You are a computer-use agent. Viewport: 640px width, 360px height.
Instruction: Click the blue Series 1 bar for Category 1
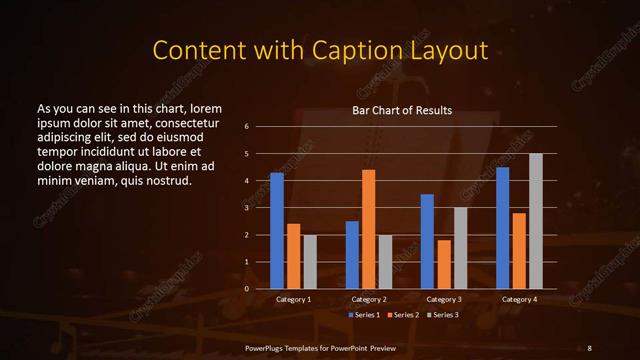click(277, 230)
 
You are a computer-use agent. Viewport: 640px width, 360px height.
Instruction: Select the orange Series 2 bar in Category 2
click(369, 229)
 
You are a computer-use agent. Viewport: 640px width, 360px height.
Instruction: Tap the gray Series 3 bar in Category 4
click(536, 221)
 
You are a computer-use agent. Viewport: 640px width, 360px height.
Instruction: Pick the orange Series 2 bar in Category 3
click(444, 264)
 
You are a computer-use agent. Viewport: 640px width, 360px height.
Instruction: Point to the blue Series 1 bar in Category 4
click(503, 227)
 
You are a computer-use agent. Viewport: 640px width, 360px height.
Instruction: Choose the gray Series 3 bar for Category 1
click(310, 261)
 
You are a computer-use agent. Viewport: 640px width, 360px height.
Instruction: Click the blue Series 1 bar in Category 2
click(352, 254)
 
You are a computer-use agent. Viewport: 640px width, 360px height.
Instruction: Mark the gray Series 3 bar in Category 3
click(461, 248)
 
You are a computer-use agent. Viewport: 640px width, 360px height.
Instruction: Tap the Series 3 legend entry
click(444, 315)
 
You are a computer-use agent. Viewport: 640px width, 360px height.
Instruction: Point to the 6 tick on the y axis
click(246, 127)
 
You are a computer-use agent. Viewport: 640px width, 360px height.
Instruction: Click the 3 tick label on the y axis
click(246, 208)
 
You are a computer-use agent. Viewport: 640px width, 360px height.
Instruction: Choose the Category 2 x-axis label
click(369, 299)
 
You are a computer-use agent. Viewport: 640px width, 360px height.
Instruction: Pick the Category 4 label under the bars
click(519, 299)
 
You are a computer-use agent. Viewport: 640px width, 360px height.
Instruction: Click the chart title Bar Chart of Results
click(402, 109)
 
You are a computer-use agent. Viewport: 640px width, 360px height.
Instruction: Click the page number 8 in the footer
click(589, 347)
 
